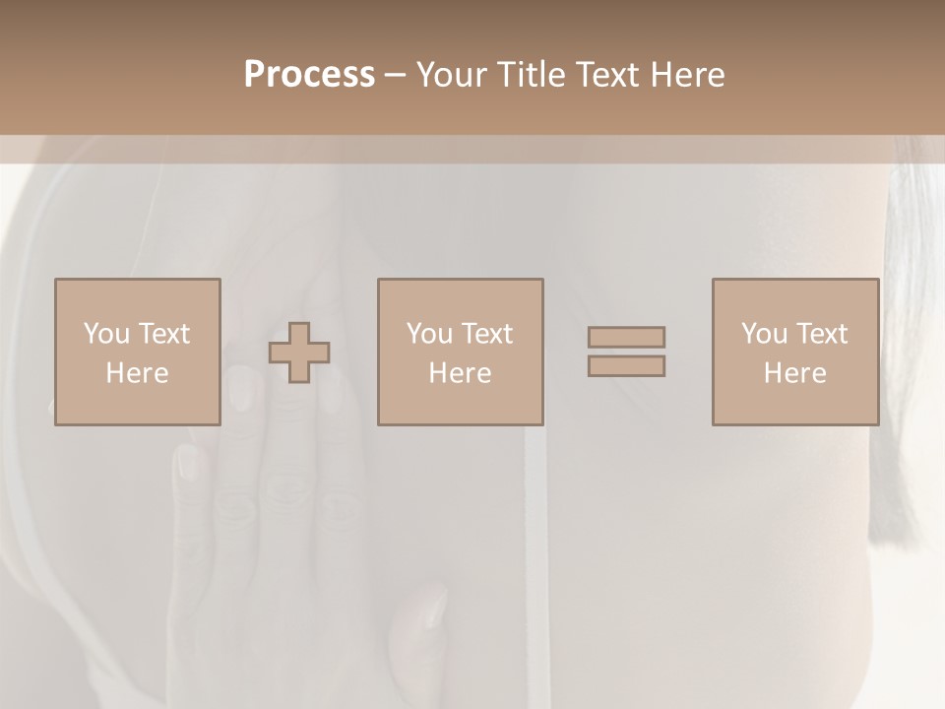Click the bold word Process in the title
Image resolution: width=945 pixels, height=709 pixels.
point(309,74)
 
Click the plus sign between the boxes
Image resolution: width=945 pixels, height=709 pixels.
point(299,353)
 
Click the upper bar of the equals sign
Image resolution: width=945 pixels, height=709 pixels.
point(626,337)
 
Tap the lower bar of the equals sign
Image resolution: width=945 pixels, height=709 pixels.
point(626,366)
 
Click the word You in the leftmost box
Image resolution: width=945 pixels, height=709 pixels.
point(106,334)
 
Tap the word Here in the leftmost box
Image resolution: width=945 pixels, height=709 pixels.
point(137,373)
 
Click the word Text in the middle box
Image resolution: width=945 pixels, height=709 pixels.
point(487,334)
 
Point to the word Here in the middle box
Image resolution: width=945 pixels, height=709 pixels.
point(460,373)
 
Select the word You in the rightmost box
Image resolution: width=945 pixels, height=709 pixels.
point(764,334)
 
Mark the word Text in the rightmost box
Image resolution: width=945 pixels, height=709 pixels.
point(822,334)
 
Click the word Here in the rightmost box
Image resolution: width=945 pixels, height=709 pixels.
point(795,373)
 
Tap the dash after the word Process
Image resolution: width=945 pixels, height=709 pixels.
point(395,76)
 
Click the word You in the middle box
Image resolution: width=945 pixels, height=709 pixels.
point(429,334)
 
